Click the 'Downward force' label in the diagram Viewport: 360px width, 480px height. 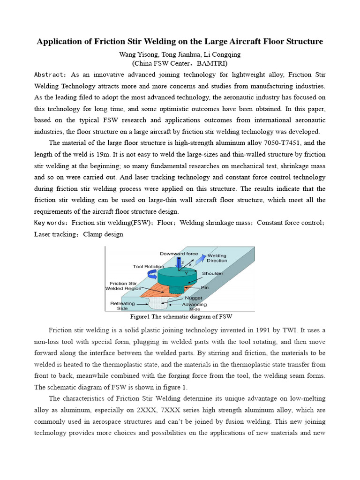179,254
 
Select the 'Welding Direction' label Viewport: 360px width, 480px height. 217,258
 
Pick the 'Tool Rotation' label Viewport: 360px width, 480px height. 148,266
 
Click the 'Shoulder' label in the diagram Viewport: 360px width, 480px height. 212,273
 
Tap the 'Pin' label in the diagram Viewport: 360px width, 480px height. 205,287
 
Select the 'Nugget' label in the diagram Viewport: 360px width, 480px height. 194,298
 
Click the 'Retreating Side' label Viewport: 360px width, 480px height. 122,306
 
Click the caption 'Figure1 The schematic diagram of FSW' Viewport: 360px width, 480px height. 180,316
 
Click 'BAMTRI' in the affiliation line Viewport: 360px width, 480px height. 212,63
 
